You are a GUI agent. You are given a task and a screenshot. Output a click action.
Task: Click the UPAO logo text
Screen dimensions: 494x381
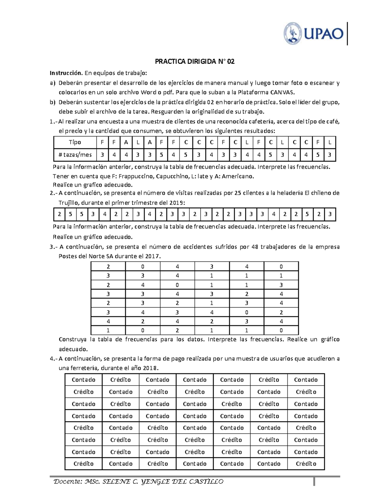pyautogui.click(x=324, y=33)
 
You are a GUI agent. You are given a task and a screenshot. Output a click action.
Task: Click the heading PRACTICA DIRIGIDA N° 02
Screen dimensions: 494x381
pyautogui.click(x=195, y=62)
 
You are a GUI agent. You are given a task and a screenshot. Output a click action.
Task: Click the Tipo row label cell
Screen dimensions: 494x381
pyautogui.click(x=75, y=142)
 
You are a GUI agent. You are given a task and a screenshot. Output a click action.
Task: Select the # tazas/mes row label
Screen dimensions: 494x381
pyautogui.click(x=75, y=155)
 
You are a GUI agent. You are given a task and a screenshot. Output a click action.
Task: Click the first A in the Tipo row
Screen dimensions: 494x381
pyautogui.click(x=126, y=142)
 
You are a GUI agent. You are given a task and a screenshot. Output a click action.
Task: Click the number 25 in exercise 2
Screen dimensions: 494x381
pyautogui.click(x=237, y=193)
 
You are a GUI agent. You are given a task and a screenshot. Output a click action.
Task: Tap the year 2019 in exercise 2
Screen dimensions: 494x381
pyautogui.click(x=176, y=203)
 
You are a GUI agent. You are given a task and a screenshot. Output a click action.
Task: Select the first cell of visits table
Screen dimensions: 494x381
pyautogui.click(x=59, y=214)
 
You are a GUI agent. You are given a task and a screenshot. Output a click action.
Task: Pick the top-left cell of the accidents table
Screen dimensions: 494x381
pyautogui.click(x=108, y=267)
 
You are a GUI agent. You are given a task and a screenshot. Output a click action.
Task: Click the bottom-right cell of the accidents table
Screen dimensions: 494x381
pyautogui.click(x=281, y=330)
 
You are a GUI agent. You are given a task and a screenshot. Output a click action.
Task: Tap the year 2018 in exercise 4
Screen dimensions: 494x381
pyautogui.click(x=150, y=368)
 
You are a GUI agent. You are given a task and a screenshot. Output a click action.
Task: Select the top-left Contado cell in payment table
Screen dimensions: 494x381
pyautogui.click(x=84, y=380)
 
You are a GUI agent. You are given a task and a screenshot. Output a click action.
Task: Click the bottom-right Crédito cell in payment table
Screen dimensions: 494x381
pyautogui.click(x=306, y=464)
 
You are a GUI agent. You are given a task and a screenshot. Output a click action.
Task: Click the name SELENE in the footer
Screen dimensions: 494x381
pyautogui.click(x=116, y=482)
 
